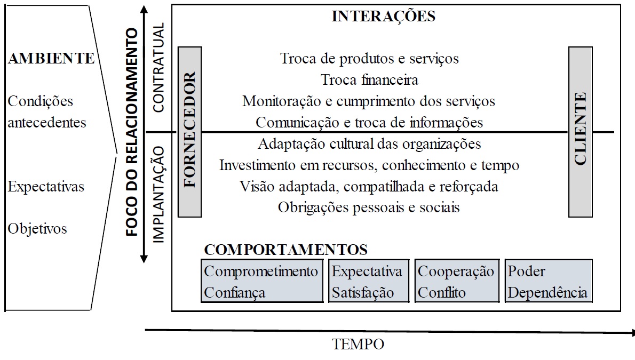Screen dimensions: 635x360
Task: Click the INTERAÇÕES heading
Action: click(383, 16)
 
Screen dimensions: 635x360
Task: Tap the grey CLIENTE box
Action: click(581, 132)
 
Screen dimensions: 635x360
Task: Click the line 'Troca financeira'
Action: click(369, 80)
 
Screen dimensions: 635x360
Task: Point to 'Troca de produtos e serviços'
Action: click(369, 58)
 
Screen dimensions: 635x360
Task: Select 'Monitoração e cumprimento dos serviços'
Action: click(369, 101)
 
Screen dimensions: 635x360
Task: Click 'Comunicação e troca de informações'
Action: click(369, 122)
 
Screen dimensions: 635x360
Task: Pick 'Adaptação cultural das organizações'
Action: click(369, 143)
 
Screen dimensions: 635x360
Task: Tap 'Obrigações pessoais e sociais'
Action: click(369, 207)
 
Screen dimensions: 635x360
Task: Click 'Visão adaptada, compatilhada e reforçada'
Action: click(369, 186)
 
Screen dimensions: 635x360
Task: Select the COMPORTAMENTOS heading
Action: click(286, 250)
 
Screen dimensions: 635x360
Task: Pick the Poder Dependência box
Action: click(549, 281)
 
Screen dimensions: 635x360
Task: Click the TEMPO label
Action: click(358, 345)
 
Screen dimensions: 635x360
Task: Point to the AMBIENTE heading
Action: click(51, 59)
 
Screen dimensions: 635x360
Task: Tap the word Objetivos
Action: click(37, 229)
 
